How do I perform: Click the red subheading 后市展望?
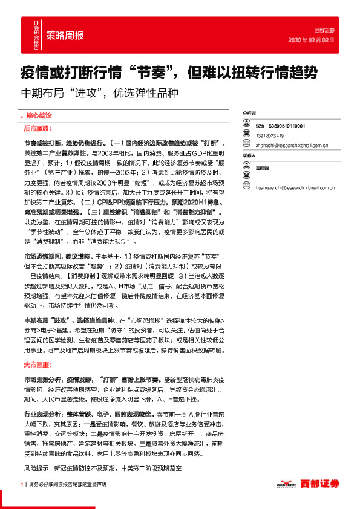[x=38, y=129]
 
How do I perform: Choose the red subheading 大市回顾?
[x=37, y=365]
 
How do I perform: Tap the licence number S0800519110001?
[x=288, y=125]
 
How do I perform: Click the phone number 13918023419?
[x=272, y=135]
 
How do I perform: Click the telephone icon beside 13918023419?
[x=247, y=135]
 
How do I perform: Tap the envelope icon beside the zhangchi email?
[x=247, y=145]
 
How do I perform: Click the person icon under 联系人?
[x=247, y=167]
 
